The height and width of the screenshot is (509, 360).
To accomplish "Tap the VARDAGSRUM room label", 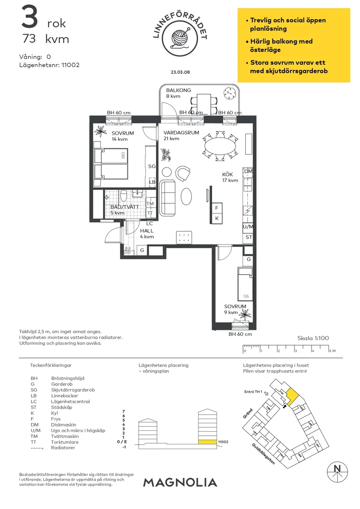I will click(x=181, y=133).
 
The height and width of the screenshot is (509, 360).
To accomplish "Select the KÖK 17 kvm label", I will click(x=230, y=177).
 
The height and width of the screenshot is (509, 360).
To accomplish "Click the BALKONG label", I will click(x=178, y=90).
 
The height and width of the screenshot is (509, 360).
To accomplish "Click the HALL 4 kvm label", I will click(x=147, y=234).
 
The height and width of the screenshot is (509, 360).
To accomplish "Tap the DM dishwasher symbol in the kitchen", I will click(x=248, y=172).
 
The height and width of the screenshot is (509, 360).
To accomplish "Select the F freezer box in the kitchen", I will click(x=216, y=208).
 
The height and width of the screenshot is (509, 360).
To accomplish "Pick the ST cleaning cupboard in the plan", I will click(x=248, y=237).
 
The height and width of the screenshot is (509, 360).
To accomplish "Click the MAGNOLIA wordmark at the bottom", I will click(x=180, y=482).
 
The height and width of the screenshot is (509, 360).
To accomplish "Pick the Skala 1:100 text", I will click(x=313, y=338).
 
